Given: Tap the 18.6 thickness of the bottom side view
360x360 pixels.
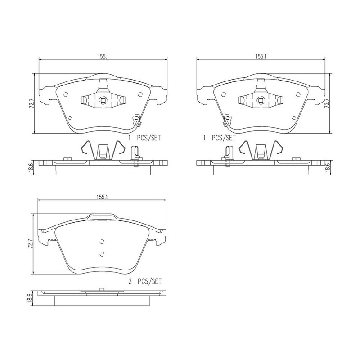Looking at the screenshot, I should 31,298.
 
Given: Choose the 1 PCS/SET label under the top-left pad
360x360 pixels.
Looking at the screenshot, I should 144,138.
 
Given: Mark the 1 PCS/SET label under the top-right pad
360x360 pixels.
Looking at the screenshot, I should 219,138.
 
